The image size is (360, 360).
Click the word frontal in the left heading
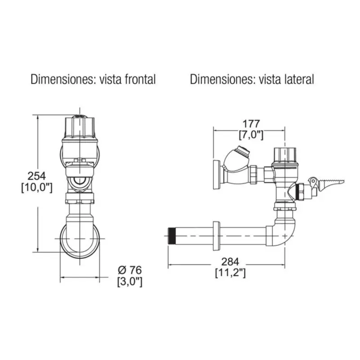pos(140,80)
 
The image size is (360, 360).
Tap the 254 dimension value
pos(37,176)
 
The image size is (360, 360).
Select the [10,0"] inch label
pos(37,188)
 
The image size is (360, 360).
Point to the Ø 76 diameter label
pos(130,270)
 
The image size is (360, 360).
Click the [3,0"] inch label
pos(130,282)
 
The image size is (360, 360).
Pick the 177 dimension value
pos(252,124)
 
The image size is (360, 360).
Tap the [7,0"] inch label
pos(251,135)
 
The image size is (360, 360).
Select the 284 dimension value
pos(230,262)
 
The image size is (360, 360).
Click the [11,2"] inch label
pos(230,273)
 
